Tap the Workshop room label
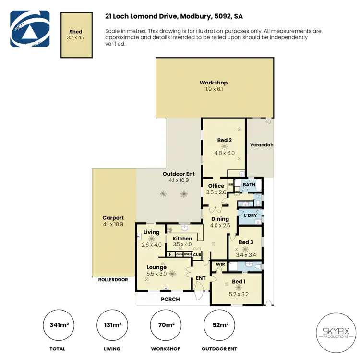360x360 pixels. [213, 83]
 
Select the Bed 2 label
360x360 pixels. [224, 141]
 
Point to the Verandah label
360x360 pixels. [262, 144]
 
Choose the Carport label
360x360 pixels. [113, 217]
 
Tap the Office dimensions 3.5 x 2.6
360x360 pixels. [216, 192]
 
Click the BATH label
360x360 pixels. [249, 184]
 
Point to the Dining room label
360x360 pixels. [220, 219]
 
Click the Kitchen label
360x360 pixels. [182, 238]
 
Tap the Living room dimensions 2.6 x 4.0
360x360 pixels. [151, 244]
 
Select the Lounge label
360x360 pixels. [156, 267]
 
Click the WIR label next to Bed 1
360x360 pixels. [221, 264]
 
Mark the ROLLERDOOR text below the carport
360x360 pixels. [113, 279]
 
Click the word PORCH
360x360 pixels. [170, 299]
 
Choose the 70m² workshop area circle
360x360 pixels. [167, 325]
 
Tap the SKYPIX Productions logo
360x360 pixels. [332, 332]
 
